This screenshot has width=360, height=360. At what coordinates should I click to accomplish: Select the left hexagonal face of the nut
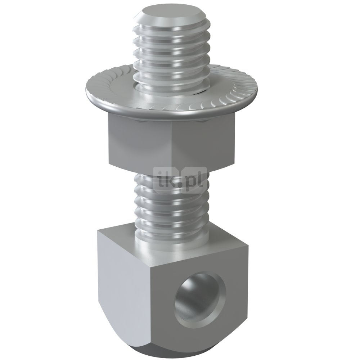140,140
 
